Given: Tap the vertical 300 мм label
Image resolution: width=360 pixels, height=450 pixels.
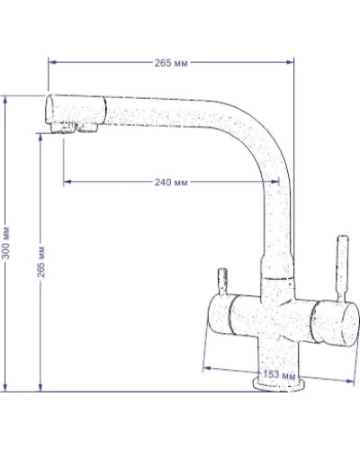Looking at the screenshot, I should pyautogui.click(x=6, y=243).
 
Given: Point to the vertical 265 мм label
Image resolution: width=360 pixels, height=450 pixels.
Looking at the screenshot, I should pyautogui.click(x=42, y=261).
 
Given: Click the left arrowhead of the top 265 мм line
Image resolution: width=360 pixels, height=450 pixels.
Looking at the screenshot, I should pyautogui.click(x=51, y=61).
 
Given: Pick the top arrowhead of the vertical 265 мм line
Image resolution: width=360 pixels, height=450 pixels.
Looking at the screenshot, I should pyautogui.click(x=42, y=135).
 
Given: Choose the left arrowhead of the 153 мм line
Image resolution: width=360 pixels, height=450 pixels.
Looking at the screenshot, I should pyautogui.click(x=207, y=365).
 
